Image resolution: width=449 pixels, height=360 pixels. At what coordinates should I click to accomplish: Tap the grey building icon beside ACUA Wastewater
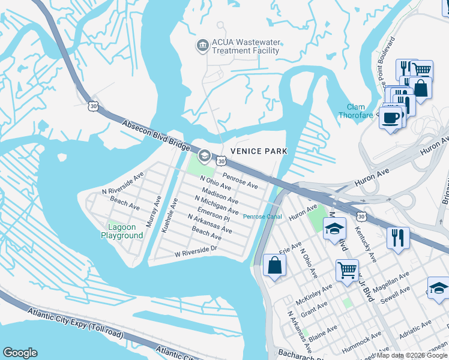202,45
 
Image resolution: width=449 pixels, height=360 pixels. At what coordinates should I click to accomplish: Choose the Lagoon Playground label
125,231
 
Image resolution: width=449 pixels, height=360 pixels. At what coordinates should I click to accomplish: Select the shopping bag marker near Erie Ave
274,265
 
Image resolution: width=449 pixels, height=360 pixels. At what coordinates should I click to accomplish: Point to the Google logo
20,353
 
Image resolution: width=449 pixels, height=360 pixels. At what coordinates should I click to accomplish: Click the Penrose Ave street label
240,181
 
